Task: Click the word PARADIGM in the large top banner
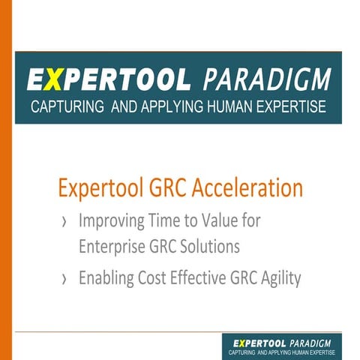coord(266,79)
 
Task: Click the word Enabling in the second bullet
coord(106,279)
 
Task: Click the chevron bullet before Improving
coord(64,223)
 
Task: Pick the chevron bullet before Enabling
coord(64,280)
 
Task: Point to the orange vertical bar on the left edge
coord(6,180)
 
